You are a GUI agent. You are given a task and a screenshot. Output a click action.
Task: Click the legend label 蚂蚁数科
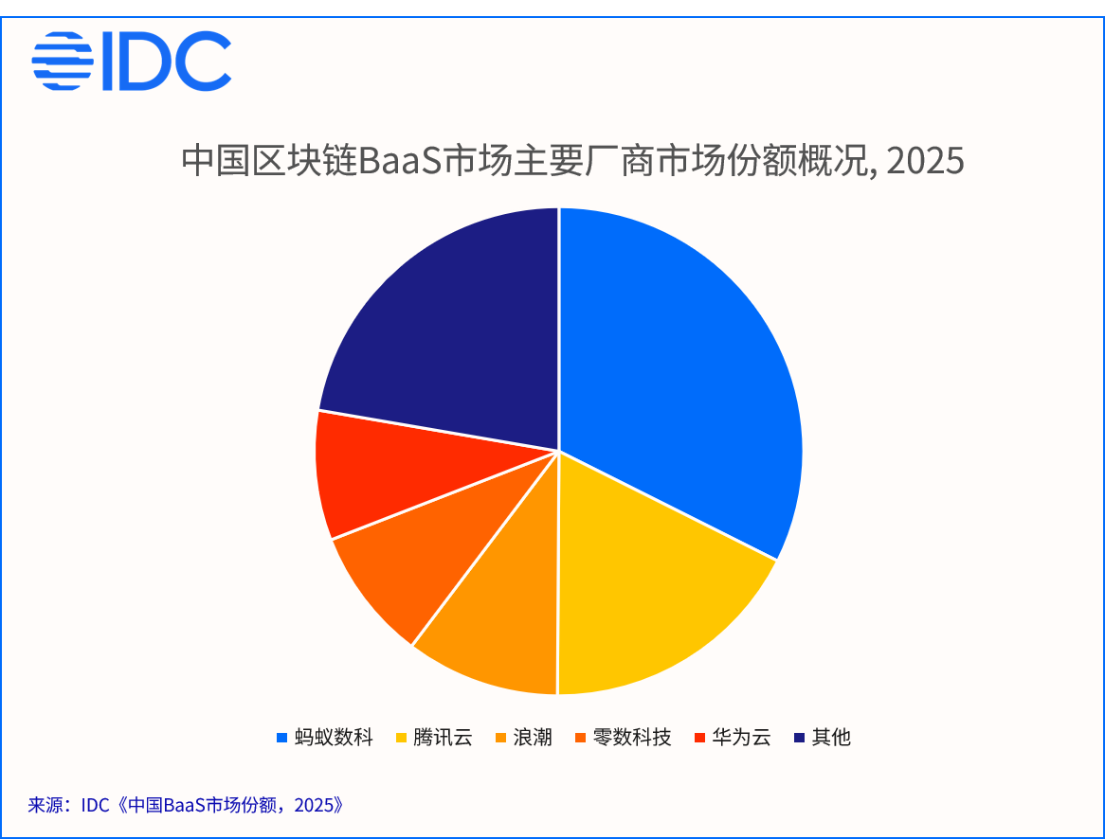pyautogui.click(x=334, y=737)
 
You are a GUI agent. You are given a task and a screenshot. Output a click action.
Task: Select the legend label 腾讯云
pyautogui.click(x=443, y=737)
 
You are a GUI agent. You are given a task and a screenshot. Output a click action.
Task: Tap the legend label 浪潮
pyautogui.click(x=533, y=737)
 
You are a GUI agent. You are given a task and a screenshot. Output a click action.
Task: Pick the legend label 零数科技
pyautogui.click(x=632, y=737)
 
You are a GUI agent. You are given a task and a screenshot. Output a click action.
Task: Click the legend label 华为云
pyautogui.click(x=741, y=737)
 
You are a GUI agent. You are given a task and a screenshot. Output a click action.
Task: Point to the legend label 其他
pyautogui.click(x=831, y=737)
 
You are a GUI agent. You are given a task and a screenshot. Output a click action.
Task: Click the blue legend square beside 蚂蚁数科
pyautogui.click(x=281, y=738)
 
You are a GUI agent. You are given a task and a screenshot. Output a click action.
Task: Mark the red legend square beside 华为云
pyautogui.click(x=699, y=738)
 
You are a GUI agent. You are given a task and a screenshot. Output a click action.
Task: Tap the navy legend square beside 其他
pyautogui.click(x=799, y=738)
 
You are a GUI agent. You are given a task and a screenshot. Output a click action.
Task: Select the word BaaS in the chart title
pyautogui.click(x=400, y=161)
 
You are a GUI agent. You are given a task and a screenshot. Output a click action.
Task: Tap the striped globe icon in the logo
pyautogui.click(x=63, y=61)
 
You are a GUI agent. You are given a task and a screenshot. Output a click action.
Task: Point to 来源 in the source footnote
pyautogui.click(x=45, y=805)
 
